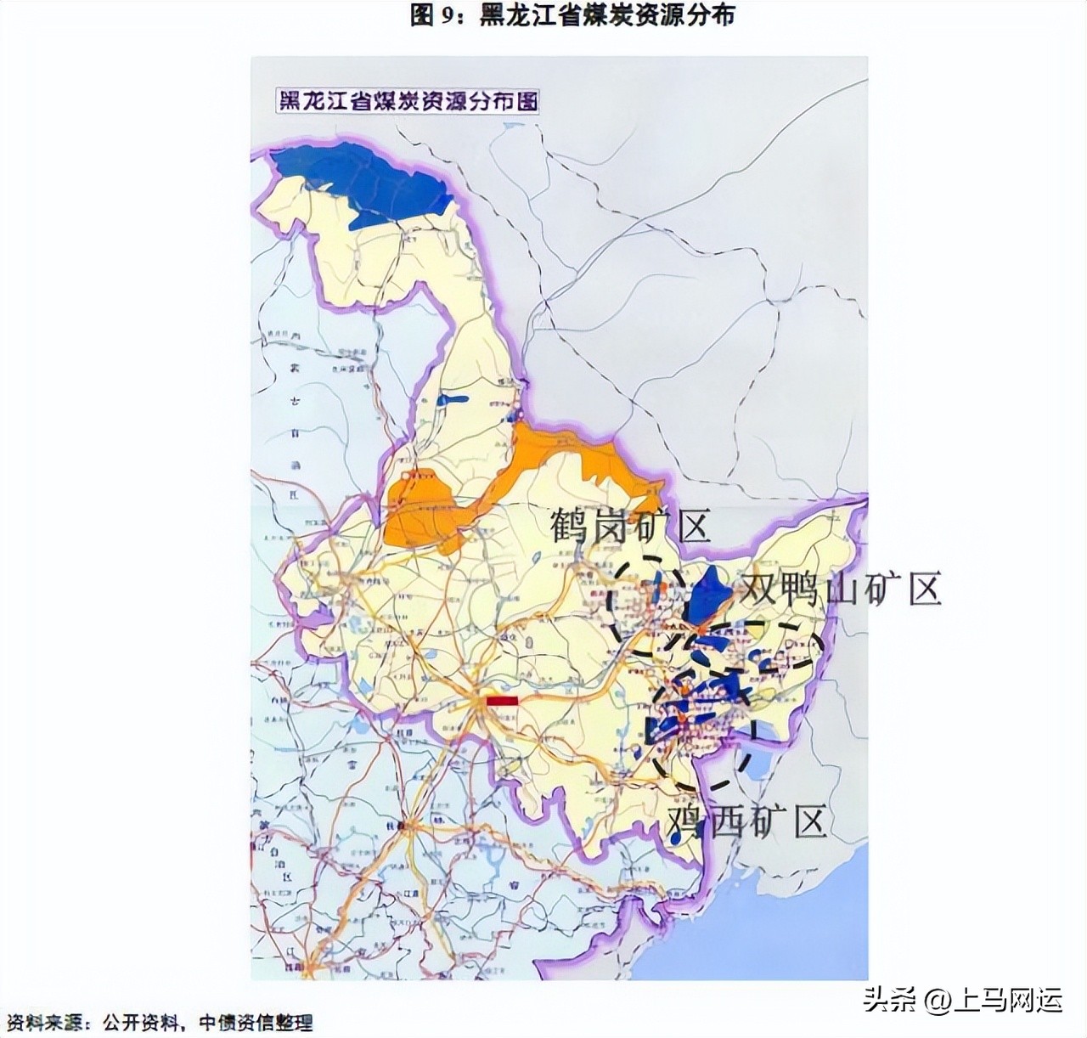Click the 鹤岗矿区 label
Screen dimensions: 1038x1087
[629, 527]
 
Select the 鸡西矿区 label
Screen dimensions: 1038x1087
[746, 822]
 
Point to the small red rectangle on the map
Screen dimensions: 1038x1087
[502, 701]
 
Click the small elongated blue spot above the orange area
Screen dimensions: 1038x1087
[452, 400]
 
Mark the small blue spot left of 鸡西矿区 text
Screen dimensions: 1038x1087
[675, 837]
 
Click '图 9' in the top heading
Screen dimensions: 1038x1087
[436, 14]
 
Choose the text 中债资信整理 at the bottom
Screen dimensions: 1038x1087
[256, 1021]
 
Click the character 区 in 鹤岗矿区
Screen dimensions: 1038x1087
[693, 527]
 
